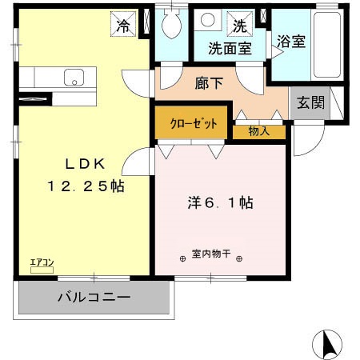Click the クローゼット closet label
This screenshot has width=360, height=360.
pos(191,124)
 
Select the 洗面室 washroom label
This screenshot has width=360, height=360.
pos(230,47)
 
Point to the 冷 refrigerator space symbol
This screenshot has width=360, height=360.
pos(123,26)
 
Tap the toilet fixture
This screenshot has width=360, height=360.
pos(170,26)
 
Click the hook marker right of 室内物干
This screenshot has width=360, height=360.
pos(238,258)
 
